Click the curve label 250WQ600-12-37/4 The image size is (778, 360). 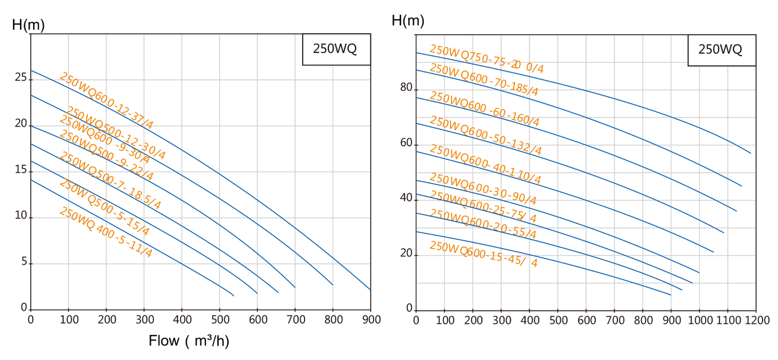[106, 101]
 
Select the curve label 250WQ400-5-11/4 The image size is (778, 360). [106, 232]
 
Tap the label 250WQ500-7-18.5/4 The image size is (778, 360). [110, 180]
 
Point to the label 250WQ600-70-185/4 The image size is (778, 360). [484, 80]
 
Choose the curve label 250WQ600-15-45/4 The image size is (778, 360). [483, 254]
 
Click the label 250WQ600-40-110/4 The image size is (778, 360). [485, 164]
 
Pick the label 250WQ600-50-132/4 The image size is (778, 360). [485, 135]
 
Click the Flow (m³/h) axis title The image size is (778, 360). [189, 341]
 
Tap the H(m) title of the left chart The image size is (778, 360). [28, 25]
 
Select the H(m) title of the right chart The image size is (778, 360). [408, 21]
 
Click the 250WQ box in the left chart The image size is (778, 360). [336, 49]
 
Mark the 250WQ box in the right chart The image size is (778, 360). [721, 49]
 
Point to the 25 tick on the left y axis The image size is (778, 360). [21, 77]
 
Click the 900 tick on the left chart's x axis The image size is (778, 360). [371, 320]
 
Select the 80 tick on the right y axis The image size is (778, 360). [406, 87]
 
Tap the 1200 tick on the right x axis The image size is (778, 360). [756, 320]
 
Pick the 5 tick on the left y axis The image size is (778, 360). [24, 262]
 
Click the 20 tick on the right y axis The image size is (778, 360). [406, 253]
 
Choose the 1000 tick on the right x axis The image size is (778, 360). [700, 320]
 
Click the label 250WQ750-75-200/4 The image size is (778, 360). [486, 59]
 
